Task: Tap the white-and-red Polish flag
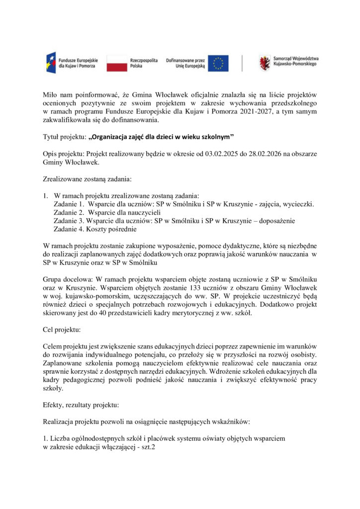coord(116,63)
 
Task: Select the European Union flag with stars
coord(218,63)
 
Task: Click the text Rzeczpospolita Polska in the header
coord(144,63)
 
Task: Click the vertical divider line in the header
coord(242,63)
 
